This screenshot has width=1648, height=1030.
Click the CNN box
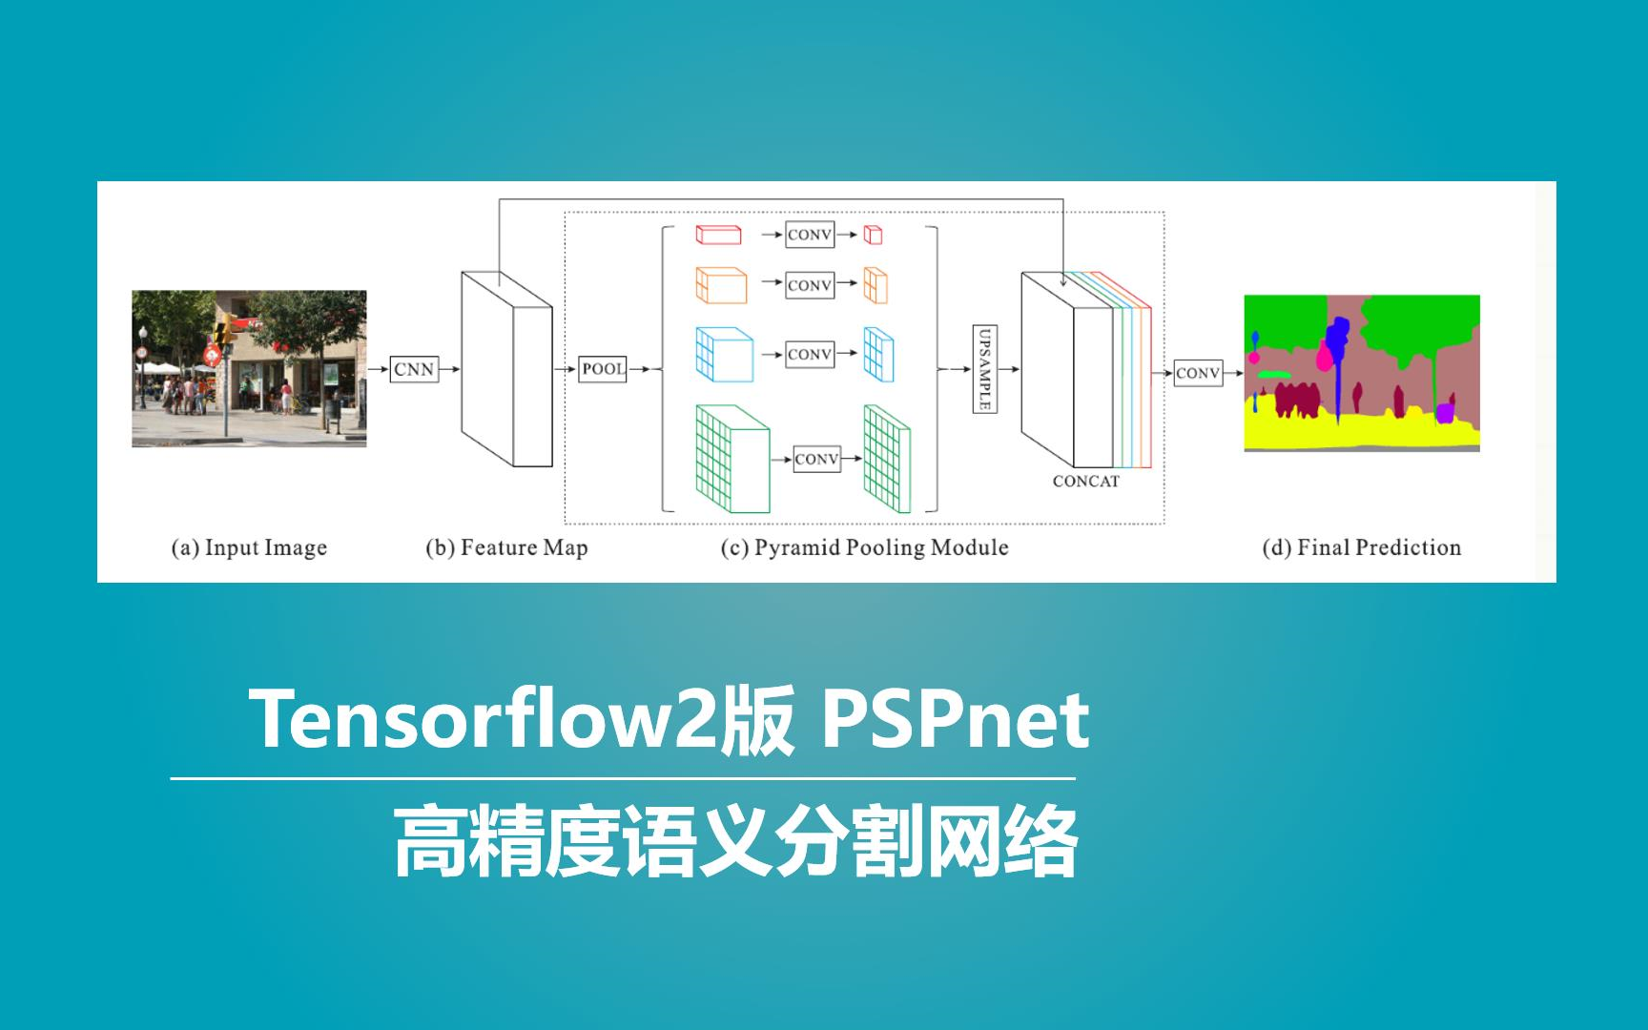pos(414,369)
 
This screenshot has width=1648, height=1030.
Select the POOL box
pos(603,369)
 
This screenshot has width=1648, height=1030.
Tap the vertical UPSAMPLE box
pos(985,368)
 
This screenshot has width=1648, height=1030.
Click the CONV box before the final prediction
pos(1198,373)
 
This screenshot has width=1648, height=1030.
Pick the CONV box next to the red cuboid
pos(809,235)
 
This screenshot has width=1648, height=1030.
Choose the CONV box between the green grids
pos(816,460)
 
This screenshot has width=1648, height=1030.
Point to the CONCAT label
pos(1085,482)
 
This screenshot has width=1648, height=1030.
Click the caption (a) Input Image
pos(249,547)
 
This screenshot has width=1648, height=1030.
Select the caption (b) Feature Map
pos(506,547)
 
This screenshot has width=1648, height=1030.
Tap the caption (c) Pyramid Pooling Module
pos(864,547)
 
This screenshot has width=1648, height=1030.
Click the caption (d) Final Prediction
pos(1361,547)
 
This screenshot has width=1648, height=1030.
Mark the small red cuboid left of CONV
pos(718,235)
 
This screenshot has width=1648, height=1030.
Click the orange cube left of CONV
pos(721,285)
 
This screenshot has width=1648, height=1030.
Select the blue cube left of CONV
pos(724,355)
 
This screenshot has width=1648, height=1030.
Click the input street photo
pos(249,368)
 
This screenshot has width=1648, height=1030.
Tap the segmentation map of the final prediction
pos(1361,373)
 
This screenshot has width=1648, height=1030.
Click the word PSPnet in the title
pos(955,720)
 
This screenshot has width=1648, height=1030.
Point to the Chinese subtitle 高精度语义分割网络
pos(735,841)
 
